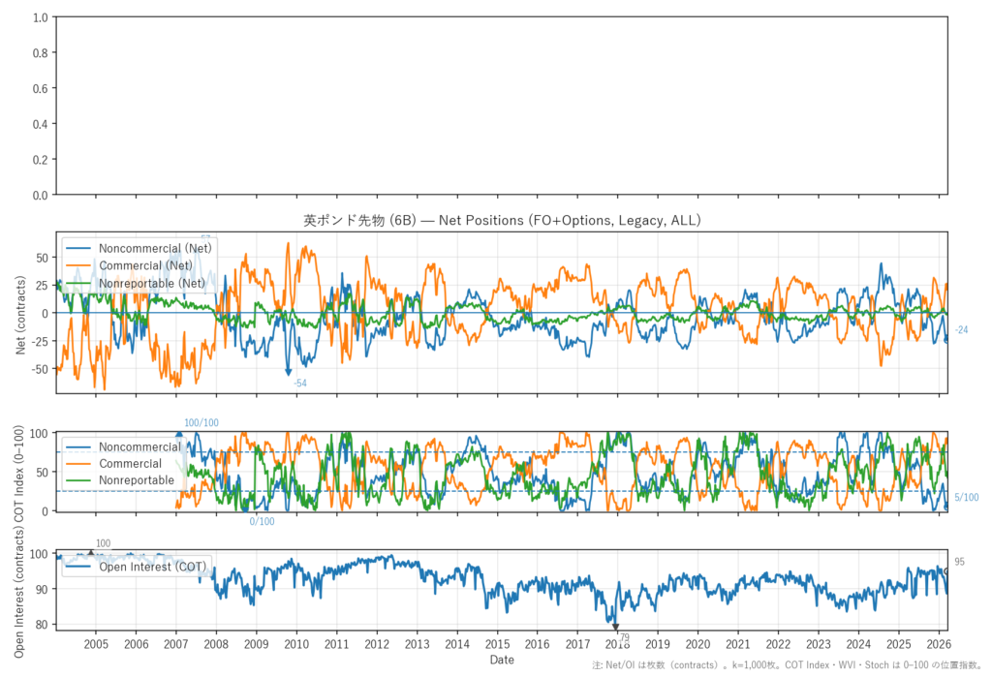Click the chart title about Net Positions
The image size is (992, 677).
[x=502, y=221]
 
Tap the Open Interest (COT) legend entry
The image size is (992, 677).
[x=151, y=567]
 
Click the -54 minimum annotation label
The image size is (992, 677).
[x=300, y=385]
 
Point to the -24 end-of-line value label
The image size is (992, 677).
[x=961, y=330]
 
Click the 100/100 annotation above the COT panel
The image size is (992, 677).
[x=201, y=423]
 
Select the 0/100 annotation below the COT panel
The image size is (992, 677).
[x=262, y=522]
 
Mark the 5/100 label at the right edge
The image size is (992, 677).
[x=967, y=498]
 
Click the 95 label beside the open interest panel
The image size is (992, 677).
[x=959, y=562]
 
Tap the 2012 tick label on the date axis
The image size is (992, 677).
[x=377, y=644]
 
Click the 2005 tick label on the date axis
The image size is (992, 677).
[x=96, y=644]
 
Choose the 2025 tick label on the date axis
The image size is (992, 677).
[x=898, y=644]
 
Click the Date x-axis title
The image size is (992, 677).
[x=502, y=660]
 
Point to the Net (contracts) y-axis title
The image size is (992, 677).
[x=21, y=312]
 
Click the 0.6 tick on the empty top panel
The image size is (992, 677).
[x=40, y=88]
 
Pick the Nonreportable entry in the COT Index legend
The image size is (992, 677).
[x=136, y=480]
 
